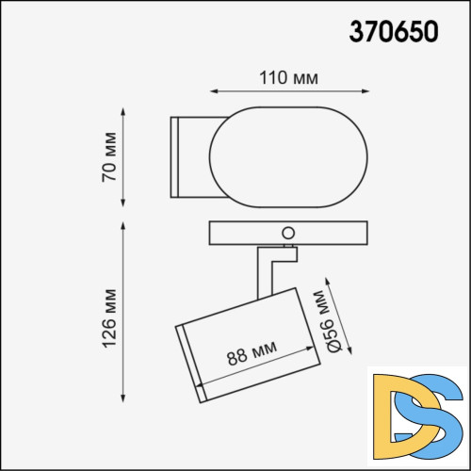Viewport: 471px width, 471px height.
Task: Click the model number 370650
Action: [x=393, y=32]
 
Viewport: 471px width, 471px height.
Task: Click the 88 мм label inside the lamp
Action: [x=252, y=355]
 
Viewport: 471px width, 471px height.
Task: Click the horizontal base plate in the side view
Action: [x=245, y=234]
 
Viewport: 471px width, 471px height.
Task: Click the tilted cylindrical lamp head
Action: [x=247, y=344]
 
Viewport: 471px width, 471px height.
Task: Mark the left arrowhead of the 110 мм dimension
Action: [x=212, y=91]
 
